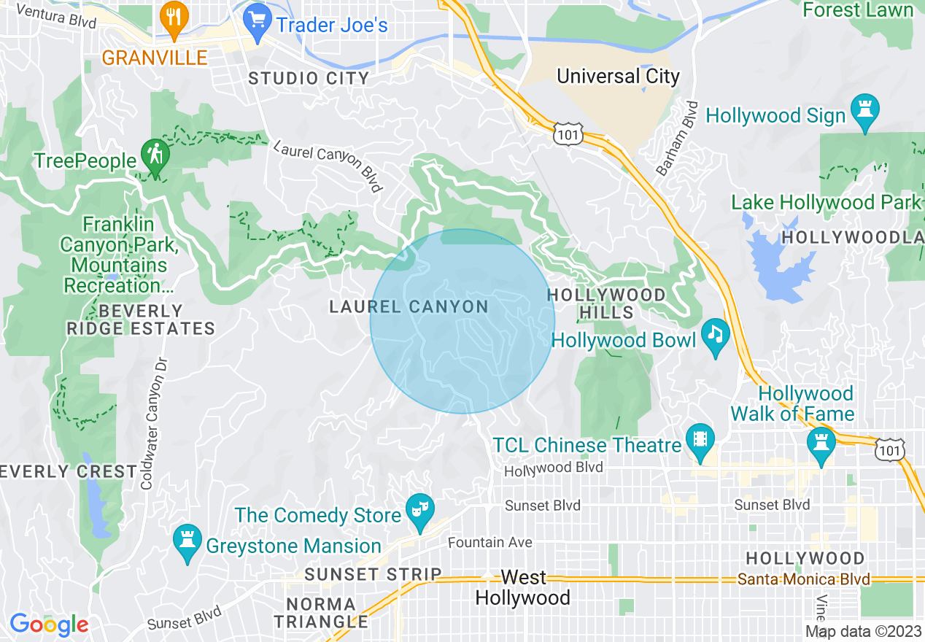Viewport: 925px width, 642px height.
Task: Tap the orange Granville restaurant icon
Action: coord(173,23)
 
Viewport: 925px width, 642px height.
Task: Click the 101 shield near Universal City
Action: coord(567,134)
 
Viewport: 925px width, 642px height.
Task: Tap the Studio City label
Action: coord(309,79)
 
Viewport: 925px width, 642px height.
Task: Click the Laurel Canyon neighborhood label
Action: coord(409,306)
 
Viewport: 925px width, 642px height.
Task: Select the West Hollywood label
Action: coord(523,588)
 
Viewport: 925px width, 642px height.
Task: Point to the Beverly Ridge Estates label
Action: coord(141,320)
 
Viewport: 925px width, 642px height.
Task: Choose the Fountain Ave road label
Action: coord(489,543)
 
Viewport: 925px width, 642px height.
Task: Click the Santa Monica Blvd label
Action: coord(803,579)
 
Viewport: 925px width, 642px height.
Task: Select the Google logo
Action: coord(49,624)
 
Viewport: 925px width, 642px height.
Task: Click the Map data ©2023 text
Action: coord(862,631)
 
